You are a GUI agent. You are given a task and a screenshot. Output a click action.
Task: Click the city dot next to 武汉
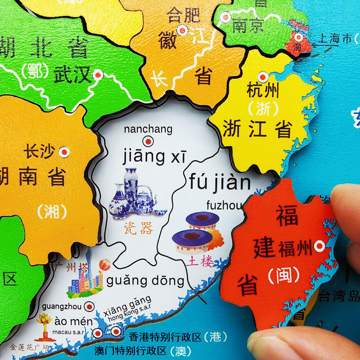pyautogui.click(x=98, y=75)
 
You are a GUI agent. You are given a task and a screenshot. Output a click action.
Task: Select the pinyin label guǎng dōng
pyautogui.click(x=145, y=281)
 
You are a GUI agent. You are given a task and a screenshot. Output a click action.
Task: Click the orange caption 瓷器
pyautogui.click(x=140, y=229)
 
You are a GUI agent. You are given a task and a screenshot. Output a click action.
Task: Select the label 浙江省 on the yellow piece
pyautogui.click(x=257, y=130)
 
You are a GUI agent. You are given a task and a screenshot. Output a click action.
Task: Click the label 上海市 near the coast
pyautogui.click(x=334, y=39)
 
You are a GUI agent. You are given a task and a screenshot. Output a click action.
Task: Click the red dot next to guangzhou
pyautogui.click(x=90, y=306)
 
